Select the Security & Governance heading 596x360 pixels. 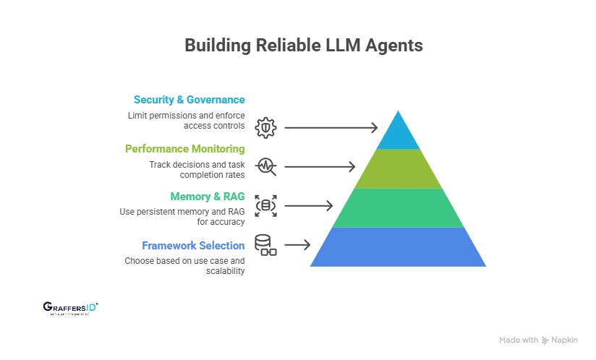click(x=189, y=100)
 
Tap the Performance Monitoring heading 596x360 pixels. click(x=184, y=148)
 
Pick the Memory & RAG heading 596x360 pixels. click(x=207, y=196)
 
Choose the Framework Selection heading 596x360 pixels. click(x=193, y=245)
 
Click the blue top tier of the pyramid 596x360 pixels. click(x=398, y=134)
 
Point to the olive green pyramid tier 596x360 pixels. click(x=398, y=169)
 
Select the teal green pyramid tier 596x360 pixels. click(x=398, y=208)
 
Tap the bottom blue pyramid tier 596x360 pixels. click(x=398, y=247)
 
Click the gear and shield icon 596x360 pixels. click(x=265, y=127)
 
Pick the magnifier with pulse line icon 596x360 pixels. click(x=265, y=166)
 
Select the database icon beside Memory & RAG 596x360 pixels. click(x=265, y=205)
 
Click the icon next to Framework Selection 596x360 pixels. click(x=265, y=244)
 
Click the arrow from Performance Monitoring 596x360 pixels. click(x=319, y=167)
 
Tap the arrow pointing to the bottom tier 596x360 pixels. click(x=297, y=245)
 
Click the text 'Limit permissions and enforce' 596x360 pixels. click(x=187, y=116)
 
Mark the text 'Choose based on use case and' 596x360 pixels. click(x=184, y=260)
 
